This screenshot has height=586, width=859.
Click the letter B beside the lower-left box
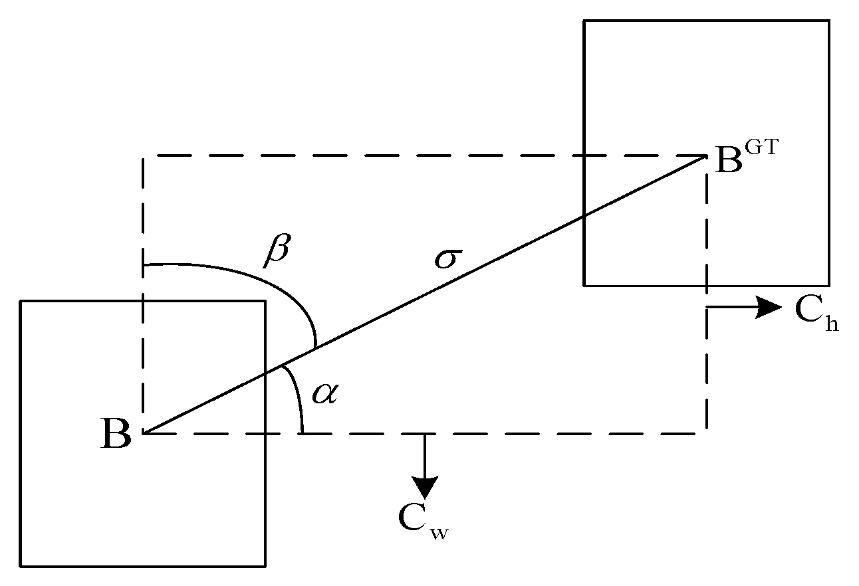click(116, 435)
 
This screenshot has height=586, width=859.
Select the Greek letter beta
click(277, 249)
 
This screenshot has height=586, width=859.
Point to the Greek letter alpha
click(326, 394)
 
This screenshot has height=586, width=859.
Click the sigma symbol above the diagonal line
click(447, 258)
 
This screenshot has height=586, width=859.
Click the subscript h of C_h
click(832, 324)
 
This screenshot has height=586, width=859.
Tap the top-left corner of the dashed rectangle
click(143, 157)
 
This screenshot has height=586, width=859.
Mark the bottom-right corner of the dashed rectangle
click(706, 433)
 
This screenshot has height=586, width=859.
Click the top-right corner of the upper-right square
click(828, 21)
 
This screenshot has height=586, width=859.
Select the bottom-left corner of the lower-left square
click(21, 566)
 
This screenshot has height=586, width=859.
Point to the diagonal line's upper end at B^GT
click(705, 157)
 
